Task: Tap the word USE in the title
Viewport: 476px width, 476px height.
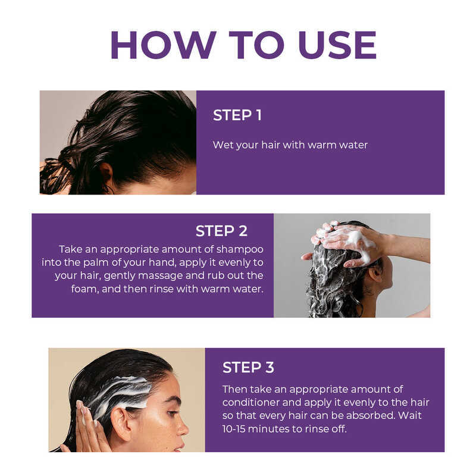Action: (x=337, y=45)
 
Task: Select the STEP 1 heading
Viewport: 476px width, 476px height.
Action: (x=237, y=115)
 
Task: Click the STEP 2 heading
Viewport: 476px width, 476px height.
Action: (x=221, y=231)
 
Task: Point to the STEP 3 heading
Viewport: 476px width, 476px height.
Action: (x=248, y=367)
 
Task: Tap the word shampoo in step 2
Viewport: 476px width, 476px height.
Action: (x=240, y=249)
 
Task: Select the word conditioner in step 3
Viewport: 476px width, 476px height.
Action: (x=250, y=402)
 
